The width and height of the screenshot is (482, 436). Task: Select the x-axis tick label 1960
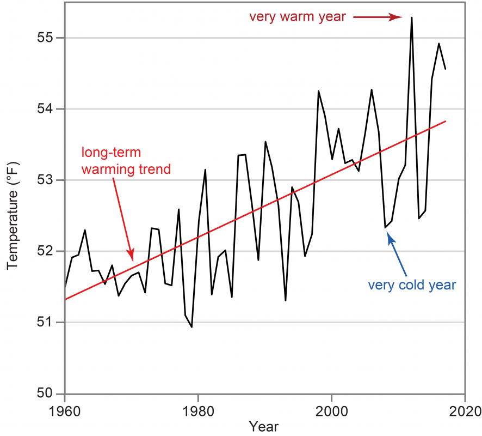pyautogui.click(x=65, y=410)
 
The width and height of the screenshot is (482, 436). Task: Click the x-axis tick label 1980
pyautogui.click(x=198, y=410)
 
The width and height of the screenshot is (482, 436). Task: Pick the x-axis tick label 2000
pyautogui.click(x=331, y=410)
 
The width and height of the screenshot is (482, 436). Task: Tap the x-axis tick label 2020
pyautogui.click(x=464, y=410)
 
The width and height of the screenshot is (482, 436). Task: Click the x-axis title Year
pyautogui.click(x=264, y=426)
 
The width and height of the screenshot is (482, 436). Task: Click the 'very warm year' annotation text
pyautogui.click(x=297, y=17)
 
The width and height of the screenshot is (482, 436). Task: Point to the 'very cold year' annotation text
pyautogui.click(x=412, y=285)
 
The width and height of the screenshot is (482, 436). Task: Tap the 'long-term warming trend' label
pyautogui.click(x=126, y=160)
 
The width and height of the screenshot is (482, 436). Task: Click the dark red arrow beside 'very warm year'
pyautogui.click(x=378, y=17)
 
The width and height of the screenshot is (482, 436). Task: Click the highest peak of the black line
pyautogui.click(x=411, y=17)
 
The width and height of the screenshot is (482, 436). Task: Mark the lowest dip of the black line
pyautogui.click(x=191, y=327)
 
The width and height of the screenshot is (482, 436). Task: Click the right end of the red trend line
pyautogui.click(x=446, y=121)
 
